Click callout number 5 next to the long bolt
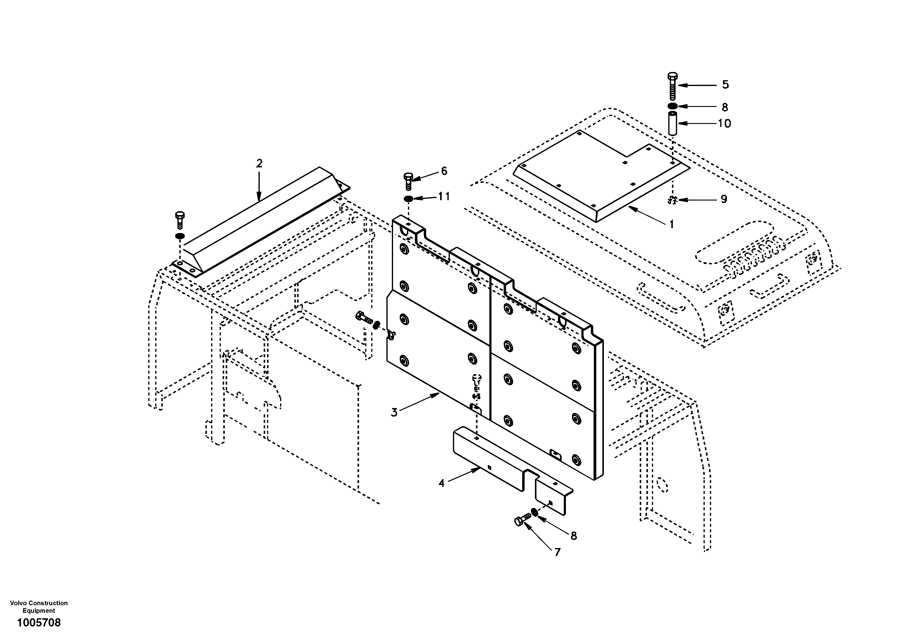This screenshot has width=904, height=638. [725, 85]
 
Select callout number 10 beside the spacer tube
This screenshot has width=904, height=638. [724, 124]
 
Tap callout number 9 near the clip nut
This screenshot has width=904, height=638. [724, 199]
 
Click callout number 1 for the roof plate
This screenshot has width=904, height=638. [672, 225]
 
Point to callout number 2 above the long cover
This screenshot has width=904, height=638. [259, 163]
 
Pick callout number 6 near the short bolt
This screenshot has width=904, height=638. [444, 171]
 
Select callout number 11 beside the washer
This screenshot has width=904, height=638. [444, 196]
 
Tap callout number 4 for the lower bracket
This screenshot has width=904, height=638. [441, 483]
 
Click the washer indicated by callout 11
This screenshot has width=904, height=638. [409, 198]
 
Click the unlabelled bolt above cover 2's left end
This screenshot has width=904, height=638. [180, 220]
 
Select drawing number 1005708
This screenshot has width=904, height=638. [39, 623]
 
